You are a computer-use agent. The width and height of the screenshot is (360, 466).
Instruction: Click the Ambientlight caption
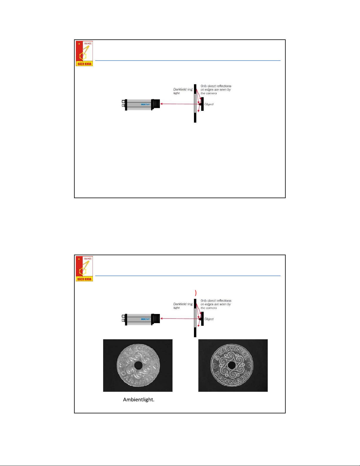tap(139, 400)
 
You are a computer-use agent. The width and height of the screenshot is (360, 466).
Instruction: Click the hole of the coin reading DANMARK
tap(232, 365)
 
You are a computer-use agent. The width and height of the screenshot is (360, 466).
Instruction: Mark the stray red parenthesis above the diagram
tap(195, 293)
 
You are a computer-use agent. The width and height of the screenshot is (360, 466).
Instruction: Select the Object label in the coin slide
tap(209, 319)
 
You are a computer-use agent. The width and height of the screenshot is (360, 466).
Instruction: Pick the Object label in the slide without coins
tap(209, 104)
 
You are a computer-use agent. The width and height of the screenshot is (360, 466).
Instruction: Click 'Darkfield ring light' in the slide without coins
tap(182, 91)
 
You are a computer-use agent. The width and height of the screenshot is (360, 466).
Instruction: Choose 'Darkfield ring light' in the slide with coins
tap(182, 306)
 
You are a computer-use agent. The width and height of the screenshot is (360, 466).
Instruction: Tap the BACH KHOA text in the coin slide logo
tap(84, 279)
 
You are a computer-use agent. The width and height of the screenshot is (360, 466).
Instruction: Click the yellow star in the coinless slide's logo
tap(79, 44)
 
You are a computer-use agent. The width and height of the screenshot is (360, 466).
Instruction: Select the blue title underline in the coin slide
tap(188, 276)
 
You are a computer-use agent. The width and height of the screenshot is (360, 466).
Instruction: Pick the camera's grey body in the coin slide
tap(138, 319)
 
